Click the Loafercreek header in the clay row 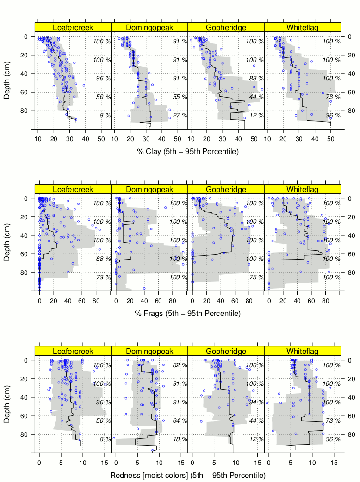[x=73, y=27]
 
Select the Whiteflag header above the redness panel [x=302, y=351]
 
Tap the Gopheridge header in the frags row [x=226, y=189]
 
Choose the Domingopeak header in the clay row [x=149, y=27]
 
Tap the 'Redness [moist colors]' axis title [x=187, y=476]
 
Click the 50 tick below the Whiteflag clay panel [x=331, y=138]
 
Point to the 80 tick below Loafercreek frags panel [x=96, y=300]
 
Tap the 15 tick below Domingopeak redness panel [x=181, y=462]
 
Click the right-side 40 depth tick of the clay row [x=349, y=74]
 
